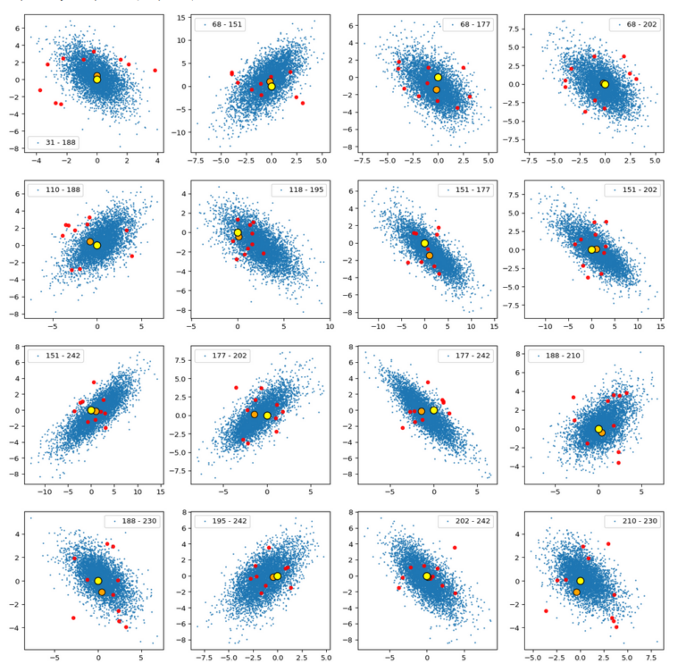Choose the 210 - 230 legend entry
pos(633,520)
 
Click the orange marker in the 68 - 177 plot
pos(437,89)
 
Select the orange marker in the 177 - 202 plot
pos(255,415)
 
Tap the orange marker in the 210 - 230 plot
pos(577,592)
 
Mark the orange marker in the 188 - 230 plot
pos(102,592)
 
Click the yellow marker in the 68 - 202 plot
pos(605,84)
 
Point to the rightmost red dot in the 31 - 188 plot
pos(155,70)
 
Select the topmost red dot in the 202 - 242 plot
pos(455,547)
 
